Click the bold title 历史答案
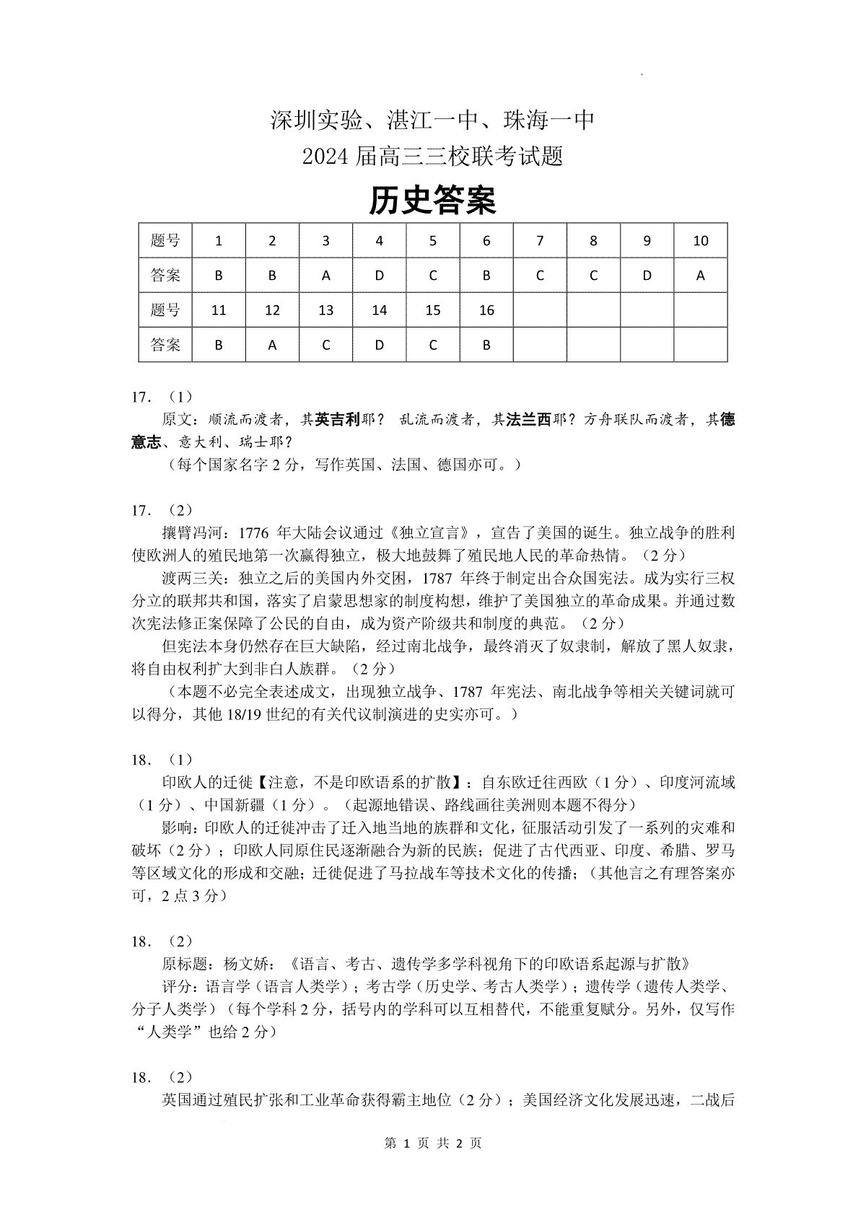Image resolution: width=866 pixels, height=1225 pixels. point(432,201)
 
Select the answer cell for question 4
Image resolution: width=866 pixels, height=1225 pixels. point(379,275)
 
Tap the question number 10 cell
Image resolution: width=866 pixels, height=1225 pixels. point(700,241)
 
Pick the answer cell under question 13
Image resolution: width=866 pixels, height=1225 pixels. point(325,345)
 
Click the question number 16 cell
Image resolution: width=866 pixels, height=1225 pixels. point(486,310)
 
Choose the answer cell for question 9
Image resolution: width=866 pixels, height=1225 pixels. point(647,275)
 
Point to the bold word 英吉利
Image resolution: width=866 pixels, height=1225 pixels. point(338,420)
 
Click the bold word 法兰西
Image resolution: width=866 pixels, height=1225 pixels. point(528,420)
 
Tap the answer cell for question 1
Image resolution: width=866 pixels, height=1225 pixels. point(219,275)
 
